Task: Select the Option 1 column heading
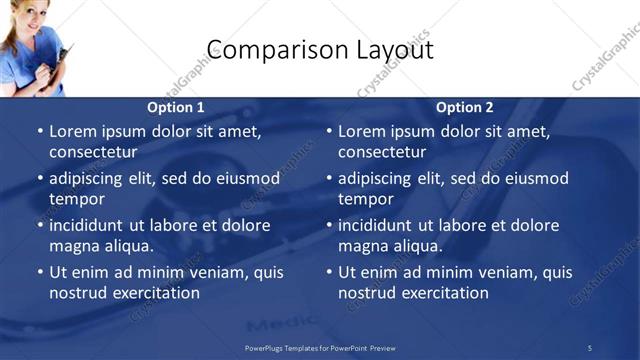click(176, 108)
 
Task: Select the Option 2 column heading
click(465, 108)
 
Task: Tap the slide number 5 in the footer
click(590, 348)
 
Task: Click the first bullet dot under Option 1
click(40, 131)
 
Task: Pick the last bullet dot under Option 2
click(329, 272)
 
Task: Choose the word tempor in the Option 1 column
click(76, 199)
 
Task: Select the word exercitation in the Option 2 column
click(444, 293)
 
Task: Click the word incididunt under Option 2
click(383, 225)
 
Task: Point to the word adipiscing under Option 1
click(92, 178)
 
